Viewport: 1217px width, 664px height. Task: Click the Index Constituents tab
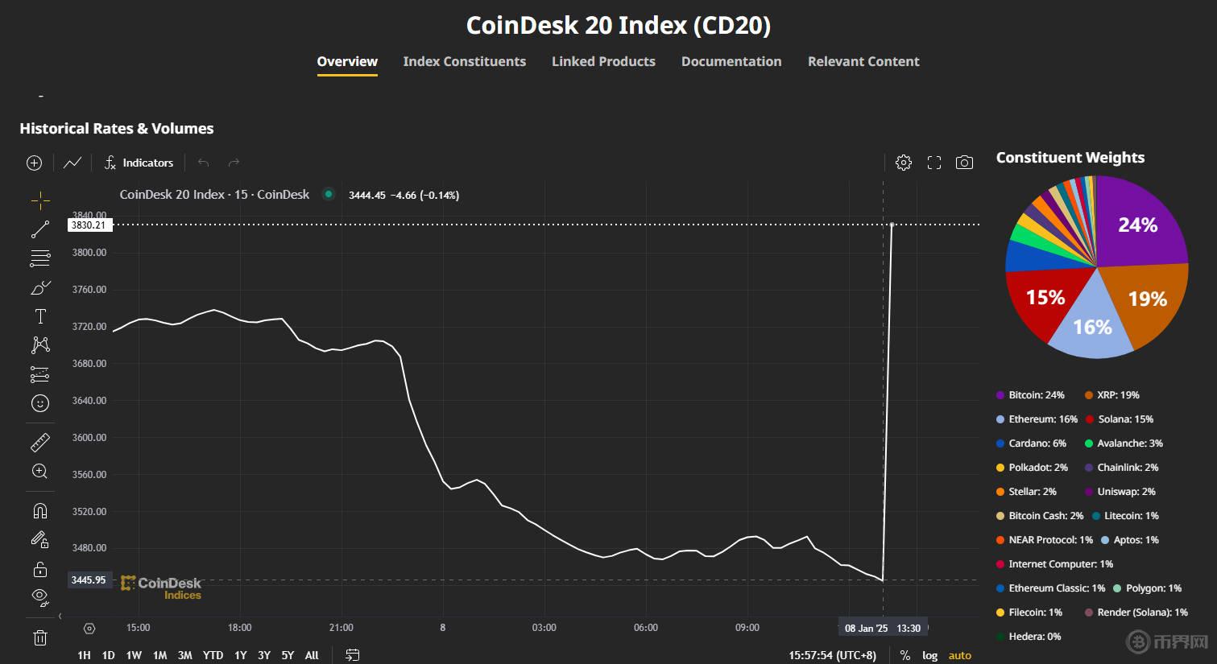coord(464,62)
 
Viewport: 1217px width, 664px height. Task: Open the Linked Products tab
coord(603,62)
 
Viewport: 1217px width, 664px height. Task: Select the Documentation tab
coord(731,62)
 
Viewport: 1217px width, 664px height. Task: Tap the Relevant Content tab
coord(863,62)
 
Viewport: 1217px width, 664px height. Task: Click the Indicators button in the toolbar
coord(139,163)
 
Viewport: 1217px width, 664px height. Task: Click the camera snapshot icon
coord(964,163)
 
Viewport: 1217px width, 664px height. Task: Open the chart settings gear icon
coord(904,163)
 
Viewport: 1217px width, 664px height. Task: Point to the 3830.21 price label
coord(88,225)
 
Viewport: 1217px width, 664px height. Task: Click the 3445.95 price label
coord(88,580)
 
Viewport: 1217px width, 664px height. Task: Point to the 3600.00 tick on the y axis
coord(89,438)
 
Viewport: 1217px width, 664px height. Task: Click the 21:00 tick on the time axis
coord(341,628)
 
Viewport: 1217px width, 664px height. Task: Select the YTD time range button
coord(213,655)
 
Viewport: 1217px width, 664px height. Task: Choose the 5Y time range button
coord(288,655)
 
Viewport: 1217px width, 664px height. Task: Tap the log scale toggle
coord(929,655)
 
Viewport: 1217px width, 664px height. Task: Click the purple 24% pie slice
coord(1137,225)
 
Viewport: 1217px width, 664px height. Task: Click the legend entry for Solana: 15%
coord(1120,419)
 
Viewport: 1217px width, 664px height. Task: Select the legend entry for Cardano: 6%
coord(1031,443)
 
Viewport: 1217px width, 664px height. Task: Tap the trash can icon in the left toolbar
coord(40,638)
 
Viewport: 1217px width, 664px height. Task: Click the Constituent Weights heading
coord(1070,158)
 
